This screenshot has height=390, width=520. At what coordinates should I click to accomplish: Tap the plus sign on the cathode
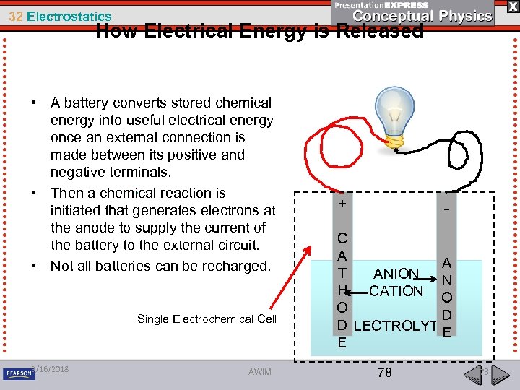coord(342,204)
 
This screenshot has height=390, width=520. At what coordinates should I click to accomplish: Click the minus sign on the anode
coord(447,209)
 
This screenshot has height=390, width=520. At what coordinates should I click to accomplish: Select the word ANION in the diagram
coord(395,274)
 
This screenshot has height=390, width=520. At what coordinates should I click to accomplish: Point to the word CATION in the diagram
coord(396,291)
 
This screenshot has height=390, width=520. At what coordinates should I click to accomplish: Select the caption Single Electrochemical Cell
coord(207,319)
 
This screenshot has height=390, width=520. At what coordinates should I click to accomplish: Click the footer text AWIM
coord(260,371)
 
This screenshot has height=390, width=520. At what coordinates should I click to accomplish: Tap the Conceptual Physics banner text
coord(423,16)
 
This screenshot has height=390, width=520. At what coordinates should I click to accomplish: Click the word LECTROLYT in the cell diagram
coord(395,326)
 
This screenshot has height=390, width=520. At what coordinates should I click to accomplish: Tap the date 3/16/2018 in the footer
coord(51,369)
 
